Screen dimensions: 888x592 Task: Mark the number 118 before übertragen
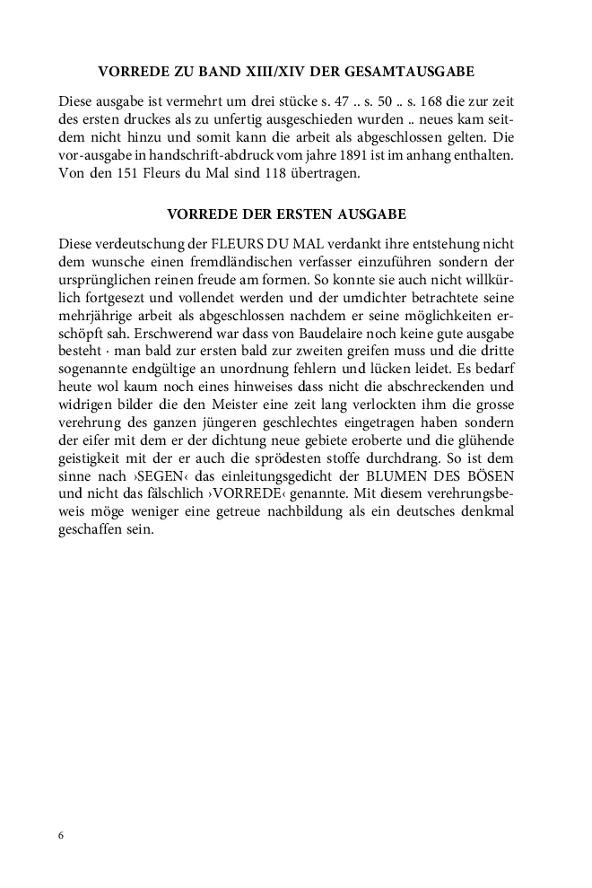(x=288, y=175)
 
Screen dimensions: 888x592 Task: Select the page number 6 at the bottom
(x=61, y=835)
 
